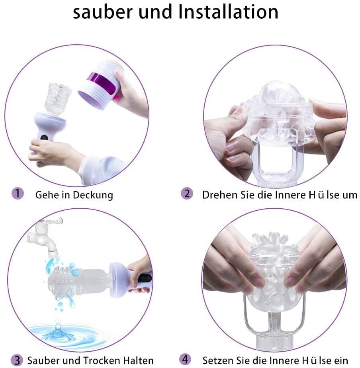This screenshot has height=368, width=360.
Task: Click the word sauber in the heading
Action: coord(103,12)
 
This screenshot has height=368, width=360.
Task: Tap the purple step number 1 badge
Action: coord(18,194)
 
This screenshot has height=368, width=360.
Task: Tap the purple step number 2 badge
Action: coord(187,194)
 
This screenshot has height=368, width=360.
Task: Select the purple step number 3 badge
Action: coord(17,360)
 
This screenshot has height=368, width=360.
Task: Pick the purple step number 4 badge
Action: coord(185,360)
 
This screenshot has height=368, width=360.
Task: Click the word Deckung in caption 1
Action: coord(93,195)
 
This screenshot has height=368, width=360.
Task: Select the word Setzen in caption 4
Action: coord(218,360)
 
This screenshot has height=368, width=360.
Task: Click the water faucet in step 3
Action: coord(45,237)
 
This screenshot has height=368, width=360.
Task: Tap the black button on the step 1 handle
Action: coord(44,137)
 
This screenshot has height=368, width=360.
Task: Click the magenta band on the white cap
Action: coord(102,82)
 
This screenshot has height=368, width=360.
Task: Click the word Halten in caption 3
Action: coord(138,360)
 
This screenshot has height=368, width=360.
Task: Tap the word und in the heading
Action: coord(156,12)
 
